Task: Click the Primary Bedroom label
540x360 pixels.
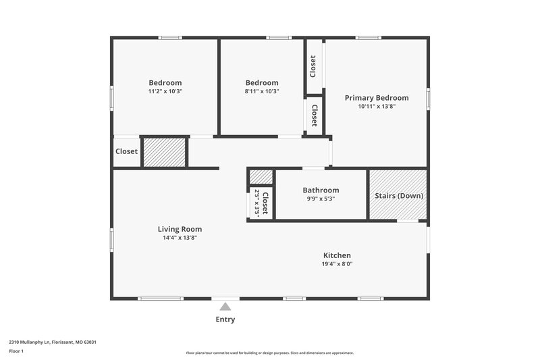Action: [377, 98]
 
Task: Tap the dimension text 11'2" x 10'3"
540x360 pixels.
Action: [165, 91]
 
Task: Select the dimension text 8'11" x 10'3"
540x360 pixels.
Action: [261, 91]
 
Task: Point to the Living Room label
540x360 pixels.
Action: [180, 229]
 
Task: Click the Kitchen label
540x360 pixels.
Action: [337, 255]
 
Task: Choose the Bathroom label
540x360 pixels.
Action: [321, 190]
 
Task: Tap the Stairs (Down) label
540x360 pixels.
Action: [399, 196]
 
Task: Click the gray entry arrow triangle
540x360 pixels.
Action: [225, 307]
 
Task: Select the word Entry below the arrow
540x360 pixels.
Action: [225, 319]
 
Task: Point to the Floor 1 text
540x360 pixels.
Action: [16, 352]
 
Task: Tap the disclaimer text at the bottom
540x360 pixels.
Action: [269, 353]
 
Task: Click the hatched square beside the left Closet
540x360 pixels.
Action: [164, 152]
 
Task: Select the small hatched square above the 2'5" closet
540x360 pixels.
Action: [261, 177]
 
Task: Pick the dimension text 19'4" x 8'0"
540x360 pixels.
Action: [337, 264]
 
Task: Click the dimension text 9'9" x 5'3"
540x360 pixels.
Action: [321, 199]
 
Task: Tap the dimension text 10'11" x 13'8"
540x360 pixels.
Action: [377, 106]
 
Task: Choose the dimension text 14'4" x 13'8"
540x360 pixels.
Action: [180, 238]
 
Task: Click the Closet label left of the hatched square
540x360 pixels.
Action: [126, 152]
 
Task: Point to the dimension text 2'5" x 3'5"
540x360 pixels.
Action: [257, 202]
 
